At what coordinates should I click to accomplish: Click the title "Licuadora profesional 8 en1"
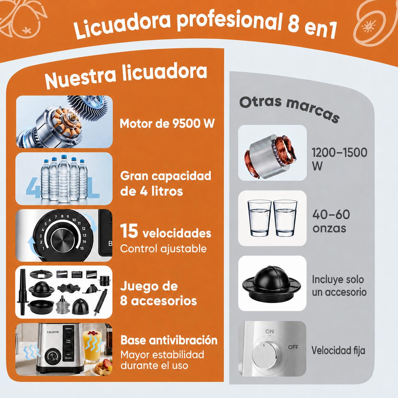(205, 24)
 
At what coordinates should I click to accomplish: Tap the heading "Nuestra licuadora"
(126, 76)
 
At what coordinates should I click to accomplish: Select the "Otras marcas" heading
(289, 109)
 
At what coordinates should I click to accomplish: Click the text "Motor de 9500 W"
(167, 124)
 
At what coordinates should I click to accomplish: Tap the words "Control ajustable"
(163, 249)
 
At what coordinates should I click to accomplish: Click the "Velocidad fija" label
(338, 350)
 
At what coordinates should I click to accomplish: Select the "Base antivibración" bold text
(169, 340)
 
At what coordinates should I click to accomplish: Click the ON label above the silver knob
(269, 331)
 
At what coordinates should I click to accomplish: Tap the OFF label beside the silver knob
(293, 347)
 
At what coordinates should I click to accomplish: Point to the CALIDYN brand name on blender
(53, 332)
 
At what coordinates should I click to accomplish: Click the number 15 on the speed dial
(82, 249)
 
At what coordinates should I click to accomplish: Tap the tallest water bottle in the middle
(64, 178)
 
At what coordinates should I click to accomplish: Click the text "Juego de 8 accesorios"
(158, 294)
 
